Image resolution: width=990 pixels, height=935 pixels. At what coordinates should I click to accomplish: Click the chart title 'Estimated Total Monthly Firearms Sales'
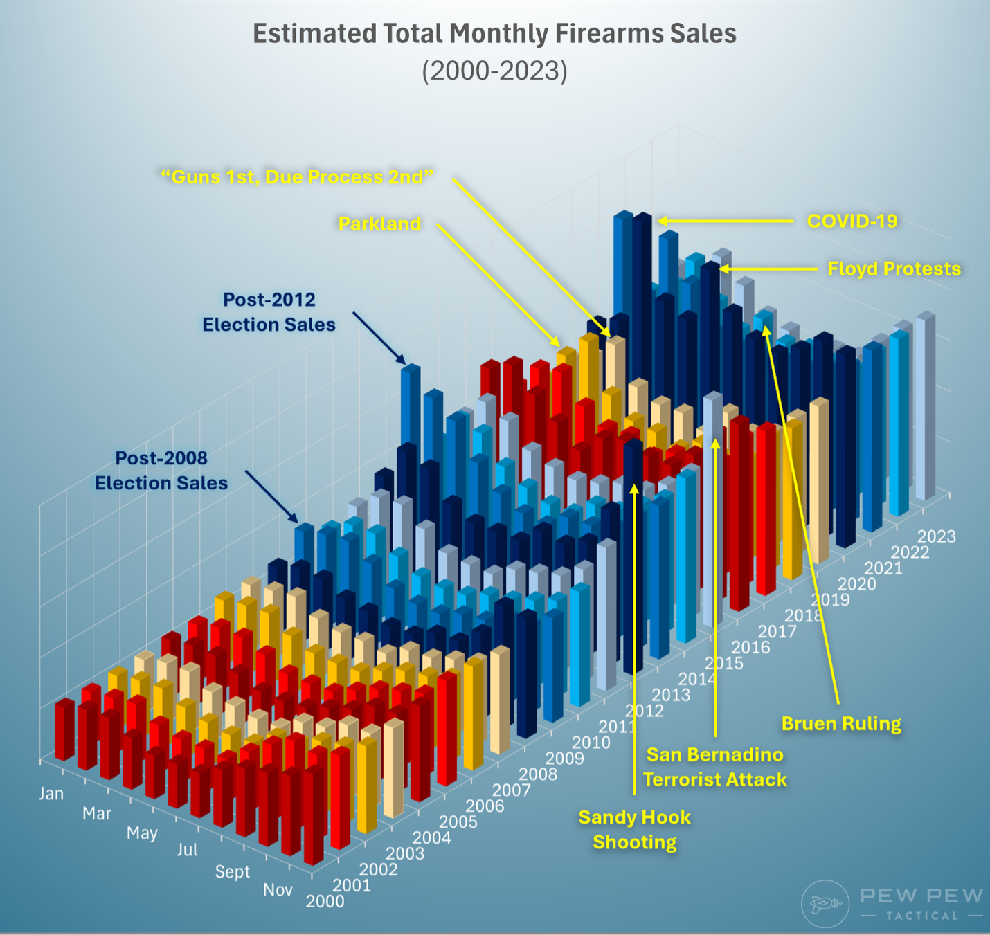494,33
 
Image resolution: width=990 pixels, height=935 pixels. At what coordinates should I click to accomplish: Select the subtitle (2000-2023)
494,71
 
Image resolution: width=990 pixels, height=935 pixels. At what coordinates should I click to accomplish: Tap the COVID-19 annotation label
852,221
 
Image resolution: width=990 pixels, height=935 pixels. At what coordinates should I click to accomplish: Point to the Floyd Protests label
894,269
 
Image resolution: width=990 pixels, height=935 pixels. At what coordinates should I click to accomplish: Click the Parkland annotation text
379,224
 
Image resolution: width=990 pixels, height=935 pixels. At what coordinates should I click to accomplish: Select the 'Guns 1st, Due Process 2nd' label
297,177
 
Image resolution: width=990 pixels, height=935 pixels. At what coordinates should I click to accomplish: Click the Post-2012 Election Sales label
269,312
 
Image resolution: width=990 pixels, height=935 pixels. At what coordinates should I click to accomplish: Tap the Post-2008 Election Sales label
161,471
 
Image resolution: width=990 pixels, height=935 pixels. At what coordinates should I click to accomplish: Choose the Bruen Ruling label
841,723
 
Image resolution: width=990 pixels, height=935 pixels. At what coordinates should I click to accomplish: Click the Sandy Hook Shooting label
635,830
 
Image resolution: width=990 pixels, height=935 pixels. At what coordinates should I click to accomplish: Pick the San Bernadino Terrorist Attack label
715,767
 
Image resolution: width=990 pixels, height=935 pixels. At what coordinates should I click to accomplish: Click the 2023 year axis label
936,536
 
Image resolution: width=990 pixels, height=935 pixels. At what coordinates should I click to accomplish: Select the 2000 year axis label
325,901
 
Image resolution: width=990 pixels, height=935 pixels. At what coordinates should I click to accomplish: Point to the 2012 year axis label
644,711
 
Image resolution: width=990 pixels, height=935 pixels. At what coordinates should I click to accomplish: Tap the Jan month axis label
51,793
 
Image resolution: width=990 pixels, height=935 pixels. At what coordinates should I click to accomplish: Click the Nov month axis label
278,889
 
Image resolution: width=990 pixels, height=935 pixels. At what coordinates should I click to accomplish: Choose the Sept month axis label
232,871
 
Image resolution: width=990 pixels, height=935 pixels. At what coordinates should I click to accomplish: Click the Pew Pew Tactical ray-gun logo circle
825,904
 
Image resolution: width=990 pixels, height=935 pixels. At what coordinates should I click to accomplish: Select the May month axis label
142,833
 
